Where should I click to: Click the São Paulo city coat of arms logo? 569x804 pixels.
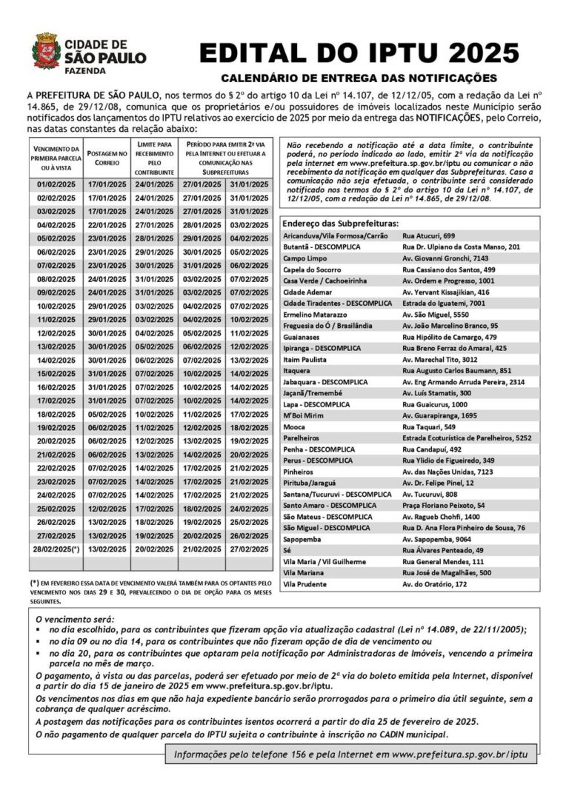(47, 51)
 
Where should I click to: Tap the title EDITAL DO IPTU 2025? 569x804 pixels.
(359, 54)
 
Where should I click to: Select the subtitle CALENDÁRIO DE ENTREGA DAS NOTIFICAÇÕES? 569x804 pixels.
(359, 78)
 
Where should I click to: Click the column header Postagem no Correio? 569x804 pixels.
(107, 156)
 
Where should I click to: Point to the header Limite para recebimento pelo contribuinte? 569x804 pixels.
(154, 156)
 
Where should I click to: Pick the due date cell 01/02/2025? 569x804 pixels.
(56, 184)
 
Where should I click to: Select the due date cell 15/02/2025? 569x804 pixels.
(56, 374)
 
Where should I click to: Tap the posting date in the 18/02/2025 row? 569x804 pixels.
(107, 415)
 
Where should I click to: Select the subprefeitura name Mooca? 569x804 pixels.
(294, 427)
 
